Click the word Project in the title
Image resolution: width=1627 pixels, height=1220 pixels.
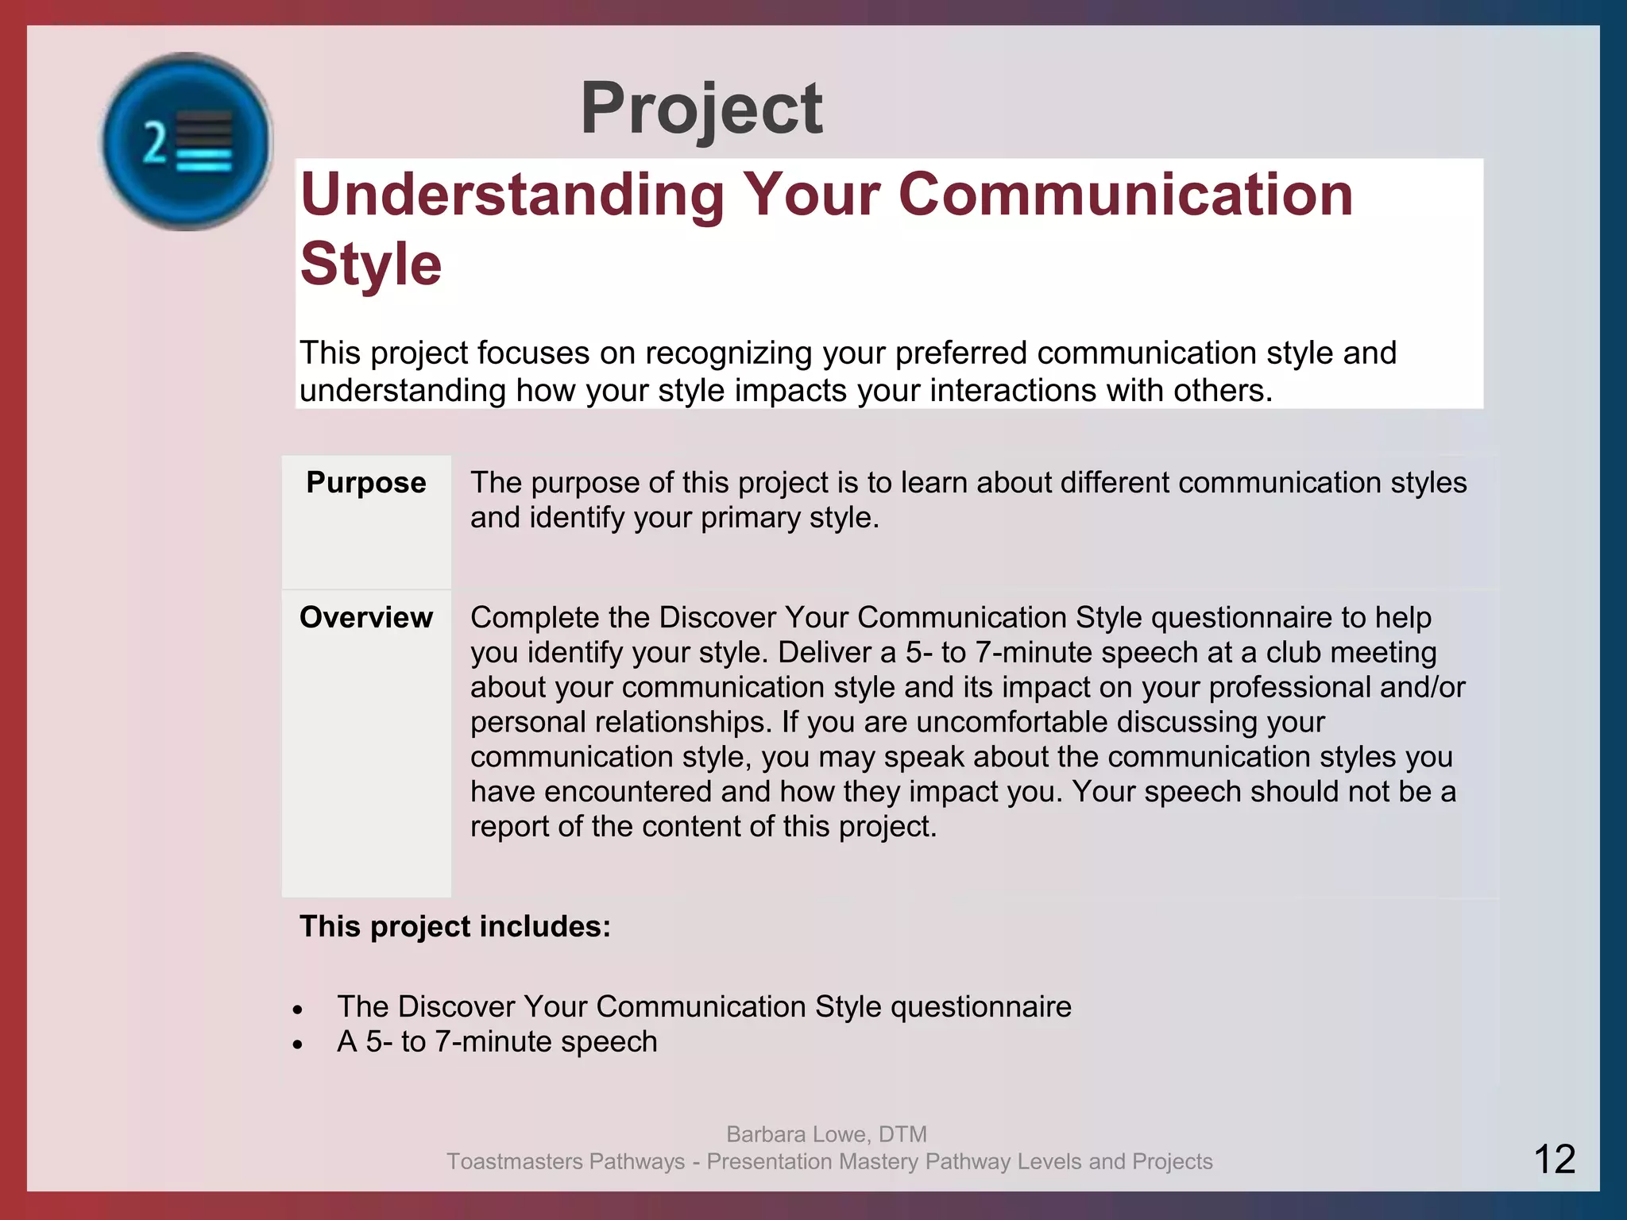tap(701, 110)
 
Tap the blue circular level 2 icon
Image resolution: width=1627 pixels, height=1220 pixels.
tap(187, 142)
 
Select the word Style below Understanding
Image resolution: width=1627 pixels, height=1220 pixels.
tap(371, 264)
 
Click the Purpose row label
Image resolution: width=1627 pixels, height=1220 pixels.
tap(365, 483)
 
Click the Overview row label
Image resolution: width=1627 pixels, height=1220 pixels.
tap(365, 618)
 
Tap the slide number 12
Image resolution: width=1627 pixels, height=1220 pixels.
tap(1554, 1159)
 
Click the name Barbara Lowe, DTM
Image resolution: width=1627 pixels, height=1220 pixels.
tap(826, 1134)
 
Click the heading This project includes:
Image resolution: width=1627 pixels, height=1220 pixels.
tap(454, 927)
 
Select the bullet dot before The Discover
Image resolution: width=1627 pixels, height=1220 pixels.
tap(298, 1010)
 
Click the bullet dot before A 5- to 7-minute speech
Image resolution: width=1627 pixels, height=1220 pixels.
tap(298, 1044)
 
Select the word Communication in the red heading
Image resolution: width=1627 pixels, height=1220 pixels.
tap(1125, 195)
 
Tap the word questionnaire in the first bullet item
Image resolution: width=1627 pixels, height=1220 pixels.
tap(981, 1007)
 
